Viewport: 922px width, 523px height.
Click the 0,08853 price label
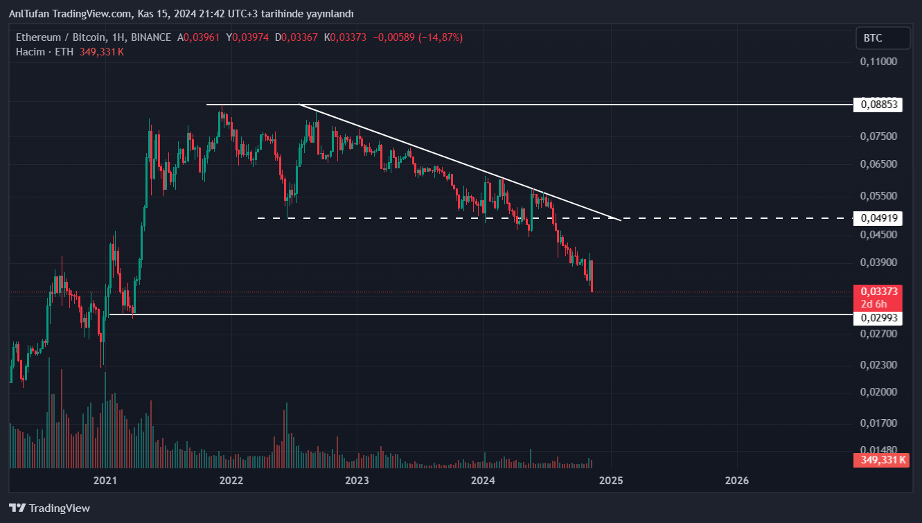tap(879, 105)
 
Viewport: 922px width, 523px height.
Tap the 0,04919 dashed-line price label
tap(879, 218)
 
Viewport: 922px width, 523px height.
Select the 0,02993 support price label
tap(879, 317)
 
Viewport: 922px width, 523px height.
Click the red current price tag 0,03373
tap(879, 292)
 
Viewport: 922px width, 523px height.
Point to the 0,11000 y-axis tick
tap(878, 62)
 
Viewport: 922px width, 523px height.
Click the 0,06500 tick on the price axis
tap(878, 164)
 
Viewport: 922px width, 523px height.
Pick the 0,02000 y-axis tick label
tap(878, 392)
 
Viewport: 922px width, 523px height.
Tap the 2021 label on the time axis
tap(105, 480)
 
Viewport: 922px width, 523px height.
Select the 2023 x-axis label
tap(357, 480)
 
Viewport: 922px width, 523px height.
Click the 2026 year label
tap(736, 480)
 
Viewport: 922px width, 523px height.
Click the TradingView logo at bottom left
tap(50, 508)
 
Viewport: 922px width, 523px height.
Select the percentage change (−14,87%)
tap(438, 37)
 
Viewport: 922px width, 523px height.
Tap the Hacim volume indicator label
tap(30, 52)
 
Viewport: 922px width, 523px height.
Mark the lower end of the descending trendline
tap(620, 220)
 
